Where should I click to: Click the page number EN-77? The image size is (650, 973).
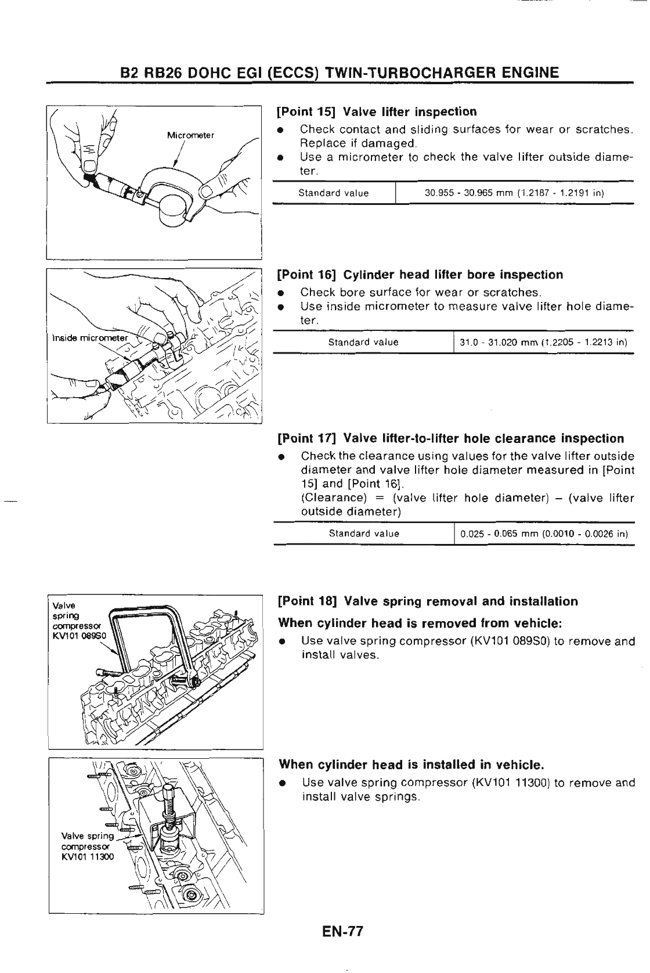(342, 948)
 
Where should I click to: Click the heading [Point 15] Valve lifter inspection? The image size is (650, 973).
(377, 111)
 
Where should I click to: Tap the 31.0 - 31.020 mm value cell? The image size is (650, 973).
(543, 342)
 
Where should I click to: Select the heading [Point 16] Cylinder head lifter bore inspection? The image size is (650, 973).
(420, 275)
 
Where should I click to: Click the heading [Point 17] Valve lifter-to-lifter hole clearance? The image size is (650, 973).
(451, 438)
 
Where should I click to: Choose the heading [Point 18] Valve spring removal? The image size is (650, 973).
(428, 601)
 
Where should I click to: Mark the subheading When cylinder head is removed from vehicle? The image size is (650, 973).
(420, 623)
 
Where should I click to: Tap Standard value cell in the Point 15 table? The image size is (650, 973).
(333, 193)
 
